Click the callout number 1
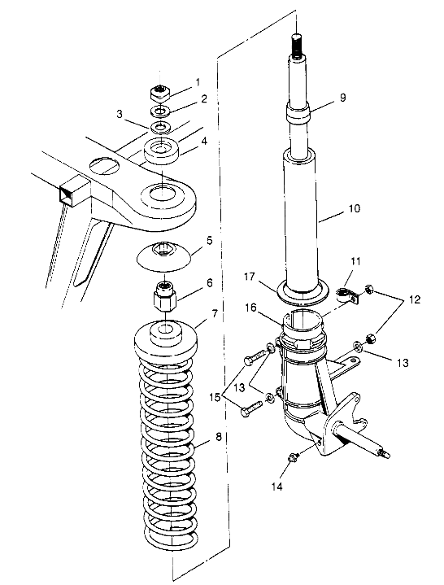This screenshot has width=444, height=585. coord(198,81)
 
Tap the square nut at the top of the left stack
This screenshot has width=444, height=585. coord(161,93)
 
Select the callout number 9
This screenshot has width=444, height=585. coord(342,98)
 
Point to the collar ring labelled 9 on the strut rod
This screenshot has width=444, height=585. coord(298,113)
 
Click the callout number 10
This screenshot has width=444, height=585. coord(355,208)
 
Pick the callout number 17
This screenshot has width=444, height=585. coord(250,277)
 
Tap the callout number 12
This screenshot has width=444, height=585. coord(415,299)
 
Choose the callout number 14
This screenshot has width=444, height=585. coord(277,487)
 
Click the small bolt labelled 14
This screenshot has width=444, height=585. coord(293,457)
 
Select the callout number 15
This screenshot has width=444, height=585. coord(215,398)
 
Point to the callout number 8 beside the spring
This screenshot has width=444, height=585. coord(219,436)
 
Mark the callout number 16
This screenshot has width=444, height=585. coord(250,308)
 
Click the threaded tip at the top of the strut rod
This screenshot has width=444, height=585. coord(296,46)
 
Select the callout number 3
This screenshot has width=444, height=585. coord(120,114)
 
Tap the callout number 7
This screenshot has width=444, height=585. coord(215,314)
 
